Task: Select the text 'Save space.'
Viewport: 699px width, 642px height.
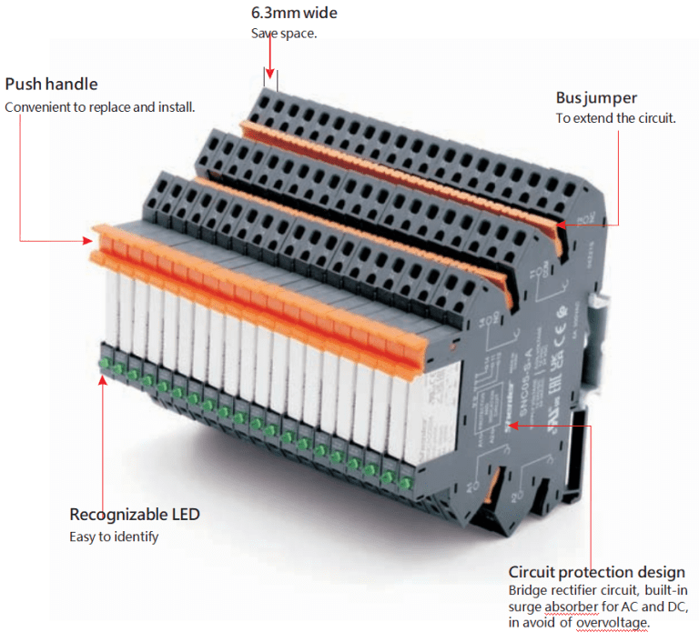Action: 283,34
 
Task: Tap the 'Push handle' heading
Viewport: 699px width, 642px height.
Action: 51,85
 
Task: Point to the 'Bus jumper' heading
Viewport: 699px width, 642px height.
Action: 596,97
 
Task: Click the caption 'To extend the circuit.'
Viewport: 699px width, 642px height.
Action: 615,118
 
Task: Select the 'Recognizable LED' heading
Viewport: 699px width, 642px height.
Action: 135,515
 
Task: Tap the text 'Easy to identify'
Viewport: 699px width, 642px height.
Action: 114,537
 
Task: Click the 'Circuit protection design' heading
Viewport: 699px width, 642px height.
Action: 596,572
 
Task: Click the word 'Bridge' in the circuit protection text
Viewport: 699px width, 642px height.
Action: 529,590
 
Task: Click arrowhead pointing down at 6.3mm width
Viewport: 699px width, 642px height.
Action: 269,74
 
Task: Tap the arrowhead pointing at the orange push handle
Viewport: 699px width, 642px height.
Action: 87,241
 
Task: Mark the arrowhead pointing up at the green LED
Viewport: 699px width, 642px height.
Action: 103,379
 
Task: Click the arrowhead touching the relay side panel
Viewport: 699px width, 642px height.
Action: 512,425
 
